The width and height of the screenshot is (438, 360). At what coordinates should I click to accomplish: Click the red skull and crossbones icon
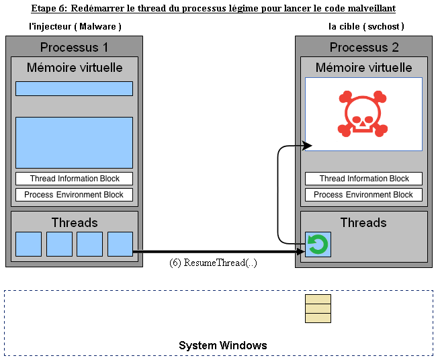363,114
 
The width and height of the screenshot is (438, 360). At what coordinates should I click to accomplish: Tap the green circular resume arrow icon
318,244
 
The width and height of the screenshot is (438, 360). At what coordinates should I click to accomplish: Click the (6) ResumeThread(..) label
213,263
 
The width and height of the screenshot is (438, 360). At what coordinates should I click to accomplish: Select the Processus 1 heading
74,47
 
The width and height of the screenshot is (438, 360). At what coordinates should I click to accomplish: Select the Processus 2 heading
364,47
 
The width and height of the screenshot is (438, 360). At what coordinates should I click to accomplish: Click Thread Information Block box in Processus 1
74,179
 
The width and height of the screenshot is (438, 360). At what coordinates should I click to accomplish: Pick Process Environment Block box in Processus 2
363,195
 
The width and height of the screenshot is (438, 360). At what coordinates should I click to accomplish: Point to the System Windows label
222,345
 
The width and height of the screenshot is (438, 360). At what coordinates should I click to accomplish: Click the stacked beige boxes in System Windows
318,308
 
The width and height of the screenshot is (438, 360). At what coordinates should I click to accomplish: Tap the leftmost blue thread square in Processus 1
28,244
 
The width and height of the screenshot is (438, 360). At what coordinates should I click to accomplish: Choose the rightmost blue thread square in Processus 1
120,244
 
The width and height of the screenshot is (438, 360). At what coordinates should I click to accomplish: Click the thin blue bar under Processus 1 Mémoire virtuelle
74,89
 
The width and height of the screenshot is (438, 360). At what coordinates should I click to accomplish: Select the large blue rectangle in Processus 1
74,142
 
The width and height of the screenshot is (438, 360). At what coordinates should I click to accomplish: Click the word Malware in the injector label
97,27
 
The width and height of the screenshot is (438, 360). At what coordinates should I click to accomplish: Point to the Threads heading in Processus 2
363,222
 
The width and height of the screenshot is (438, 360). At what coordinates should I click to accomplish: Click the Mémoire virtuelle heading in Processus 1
75,68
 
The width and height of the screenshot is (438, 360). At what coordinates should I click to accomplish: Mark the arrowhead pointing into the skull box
307,146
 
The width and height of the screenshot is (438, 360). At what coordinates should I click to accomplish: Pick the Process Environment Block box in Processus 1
74,195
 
